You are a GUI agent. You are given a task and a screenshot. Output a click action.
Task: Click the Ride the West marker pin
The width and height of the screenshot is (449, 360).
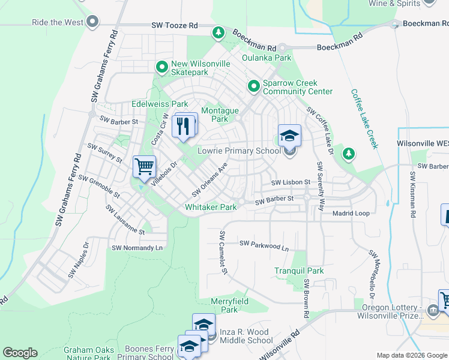tap(92, 23)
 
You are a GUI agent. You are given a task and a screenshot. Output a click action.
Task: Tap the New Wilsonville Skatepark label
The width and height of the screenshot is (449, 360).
tap(190, 68)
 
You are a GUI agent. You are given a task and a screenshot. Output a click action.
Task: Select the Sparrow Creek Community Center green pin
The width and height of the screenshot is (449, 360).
tap(254, 88)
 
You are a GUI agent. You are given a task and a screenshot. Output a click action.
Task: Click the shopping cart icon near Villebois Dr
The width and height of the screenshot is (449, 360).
tap(144, 166)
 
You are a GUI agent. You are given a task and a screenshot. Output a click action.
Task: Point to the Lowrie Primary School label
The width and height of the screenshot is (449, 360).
tap(239, 151)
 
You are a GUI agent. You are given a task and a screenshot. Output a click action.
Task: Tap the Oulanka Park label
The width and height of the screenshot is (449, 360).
tap(266, 58)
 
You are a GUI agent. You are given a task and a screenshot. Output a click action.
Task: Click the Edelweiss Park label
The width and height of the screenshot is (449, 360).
tap(155, 104)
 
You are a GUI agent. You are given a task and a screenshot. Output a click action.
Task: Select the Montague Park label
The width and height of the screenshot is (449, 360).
tap(220, 115)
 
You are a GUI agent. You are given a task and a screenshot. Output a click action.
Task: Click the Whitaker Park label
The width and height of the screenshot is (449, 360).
tap(211, 207)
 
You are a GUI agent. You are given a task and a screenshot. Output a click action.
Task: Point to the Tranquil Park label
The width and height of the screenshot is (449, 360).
tap(300, 271)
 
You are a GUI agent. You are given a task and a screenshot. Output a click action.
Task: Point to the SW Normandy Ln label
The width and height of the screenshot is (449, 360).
tap(137, 247)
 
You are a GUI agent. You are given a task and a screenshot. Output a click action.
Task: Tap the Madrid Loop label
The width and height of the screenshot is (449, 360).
tap(351, 213)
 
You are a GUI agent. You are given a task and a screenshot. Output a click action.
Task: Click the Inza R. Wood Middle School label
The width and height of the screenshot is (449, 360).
tap(246, 336)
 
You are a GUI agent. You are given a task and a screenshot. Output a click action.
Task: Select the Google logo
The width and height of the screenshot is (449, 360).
tap(20, 353)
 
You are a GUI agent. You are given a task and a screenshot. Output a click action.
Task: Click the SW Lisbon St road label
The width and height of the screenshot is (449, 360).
tap(290, 182)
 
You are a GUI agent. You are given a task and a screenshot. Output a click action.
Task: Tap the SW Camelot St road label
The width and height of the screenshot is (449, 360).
tap(223, 253)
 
